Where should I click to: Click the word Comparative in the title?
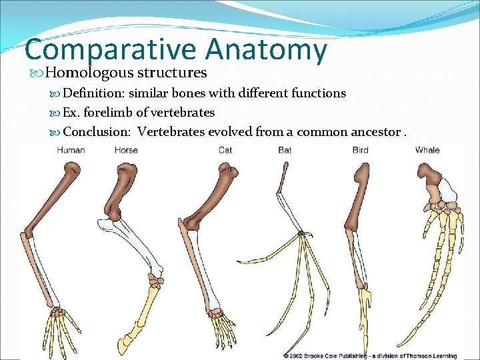point(111,51)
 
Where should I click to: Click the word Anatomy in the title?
point(267,51)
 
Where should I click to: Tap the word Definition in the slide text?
point(93,93)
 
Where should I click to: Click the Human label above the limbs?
point(71,150)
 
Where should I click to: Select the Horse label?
point(126,150)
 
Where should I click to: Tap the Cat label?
point(225,150)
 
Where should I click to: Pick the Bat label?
point(285,150)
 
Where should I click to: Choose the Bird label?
point(360,150)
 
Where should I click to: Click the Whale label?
point(427,150)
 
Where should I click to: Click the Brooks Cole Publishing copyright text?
point(377,355)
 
